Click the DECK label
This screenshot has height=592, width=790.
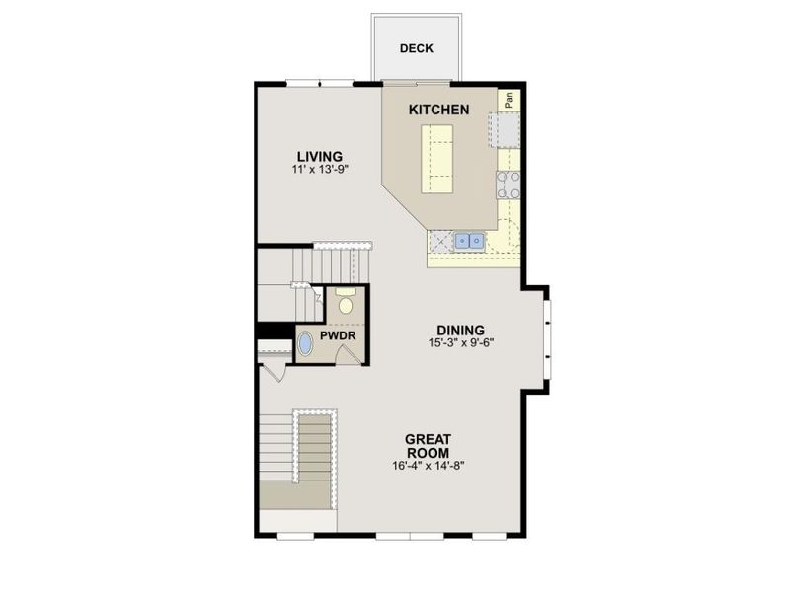416,48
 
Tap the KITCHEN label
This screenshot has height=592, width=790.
438,110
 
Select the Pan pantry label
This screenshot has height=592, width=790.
509,100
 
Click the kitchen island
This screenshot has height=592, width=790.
436,159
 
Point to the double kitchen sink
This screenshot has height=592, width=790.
470,240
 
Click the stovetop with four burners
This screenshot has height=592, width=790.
509,185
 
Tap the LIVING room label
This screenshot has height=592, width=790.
320,157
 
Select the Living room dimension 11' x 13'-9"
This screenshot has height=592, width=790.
320,169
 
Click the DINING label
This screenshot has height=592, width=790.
460,331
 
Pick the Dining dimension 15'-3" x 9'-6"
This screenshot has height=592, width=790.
460,343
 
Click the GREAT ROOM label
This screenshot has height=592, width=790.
429,446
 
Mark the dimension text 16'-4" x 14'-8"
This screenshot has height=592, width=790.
429,466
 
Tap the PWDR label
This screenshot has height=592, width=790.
338,335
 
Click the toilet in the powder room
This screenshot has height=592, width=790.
346,301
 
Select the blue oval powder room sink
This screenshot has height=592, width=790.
305,344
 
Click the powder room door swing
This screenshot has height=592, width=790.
350,354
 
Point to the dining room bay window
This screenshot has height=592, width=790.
548,338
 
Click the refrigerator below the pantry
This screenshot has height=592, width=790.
504,129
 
